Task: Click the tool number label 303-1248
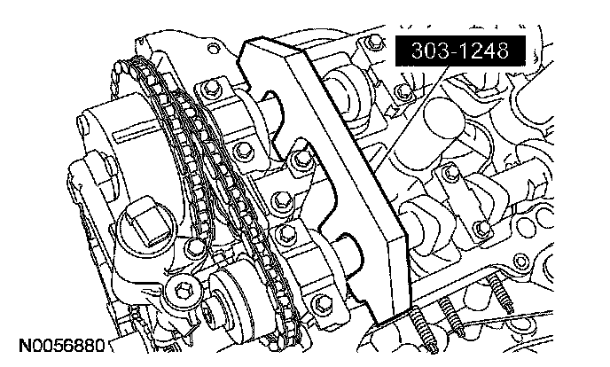(x=460, y=51)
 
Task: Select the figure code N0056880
(x=62, y=345)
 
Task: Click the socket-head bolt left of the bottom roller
(x=182, y=290)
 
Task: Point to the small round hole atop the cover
(x=213, y=49)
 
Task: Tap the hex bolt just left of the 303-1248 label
(x=375, y=41)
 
